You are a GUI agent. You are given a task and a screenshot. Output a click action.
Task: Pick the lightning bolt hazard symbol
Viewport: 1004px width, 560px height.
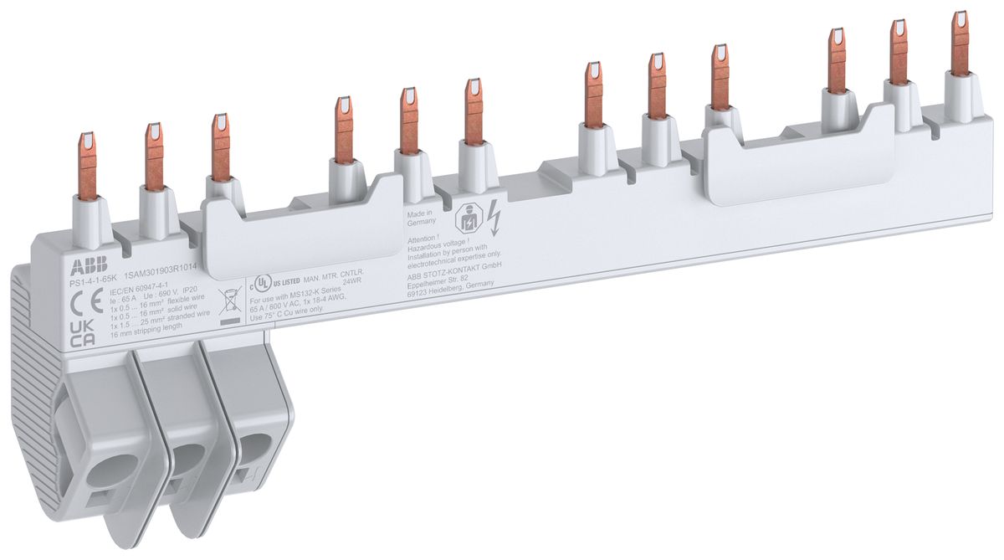click(x=494, y=219)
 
